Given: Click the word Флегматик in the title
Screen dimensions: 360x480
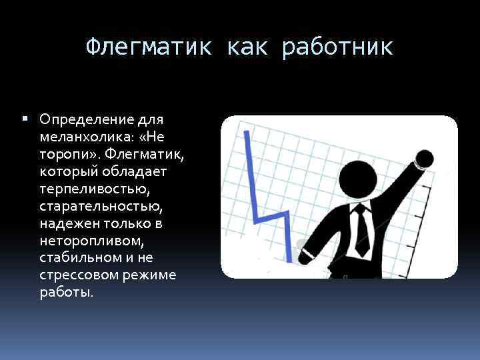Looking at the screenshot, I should (x=149, y=48).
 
